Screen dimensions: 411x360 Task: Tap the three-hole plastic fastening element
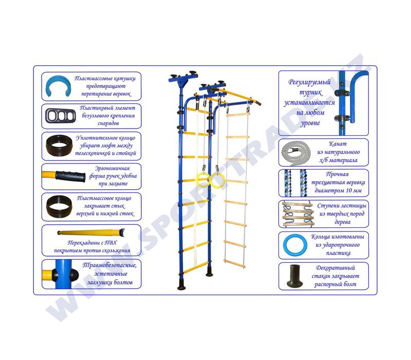click(x=61, y=116)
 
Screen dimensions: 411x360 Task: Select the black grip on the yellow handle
click(x=70, y=176)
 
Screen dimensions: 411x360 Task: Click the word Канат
click(x=338, y=144)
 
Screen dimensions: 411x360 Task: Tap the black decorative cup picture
click(x=294, y=276)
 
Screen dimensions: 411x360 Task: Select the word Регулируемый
click(x=309, y=82)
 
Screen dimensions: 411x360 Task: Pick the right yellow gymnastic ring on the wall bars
click(x=217, y=181)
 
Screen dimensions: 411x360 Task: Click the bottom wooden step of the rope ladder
click(x=235, y=264)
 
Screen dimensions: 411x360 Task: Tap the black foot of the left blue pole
click(x=182, y=284)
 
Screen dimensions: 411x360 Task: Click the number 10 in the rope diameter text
click(x=349, y=190)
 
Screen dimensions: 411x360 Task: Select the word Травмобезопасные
click(x=109, y=265)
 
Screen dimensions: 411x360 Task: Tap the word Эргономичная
click(x=112, y=168)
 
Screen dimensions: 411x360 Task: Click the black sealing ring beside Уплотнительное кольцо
click(x=59, y=145)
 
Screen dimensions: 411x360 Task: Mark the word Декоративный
click(x=335, y=268)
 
